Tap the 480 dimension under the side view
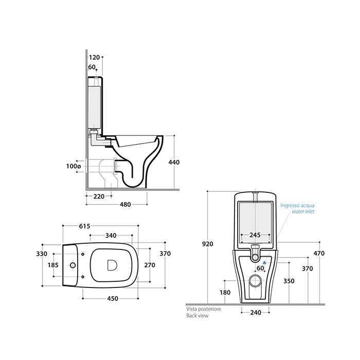[x=125, y=204]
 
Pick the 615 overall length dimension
[x=84, y=226]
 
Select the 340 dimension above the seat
[x=111, y=235]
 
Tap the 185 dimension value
[x=53, y=265]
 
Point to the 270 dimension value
[x=150, y=265]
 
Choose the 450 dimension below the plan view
[x=112, y=298]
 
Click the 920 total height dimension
[x=207, y=244]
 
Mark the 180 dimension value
[x=225, y=292]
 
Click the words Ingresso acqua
[x=297, y=205]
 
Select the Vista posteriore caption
[x=203, y=310]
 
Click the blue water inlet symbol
[x=265, y=263]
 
